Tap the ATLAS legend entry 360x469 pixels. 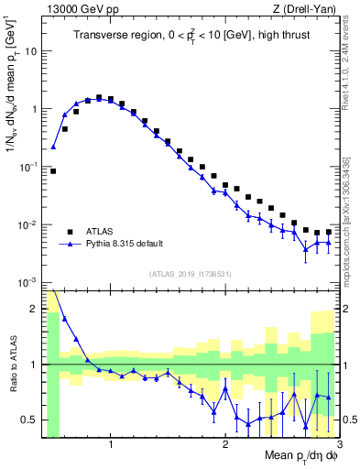click(102, 231)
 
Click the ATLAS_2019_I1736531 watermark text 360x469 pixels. click(189, 274)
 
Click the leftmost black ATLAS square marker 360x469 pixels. click(53, 170)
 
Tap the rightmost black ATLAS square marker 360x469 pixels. click(329, 232)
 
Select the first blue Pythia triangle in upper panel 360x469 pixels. click(53, 147)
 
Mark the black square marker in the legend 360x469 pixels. click(71, 231)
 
